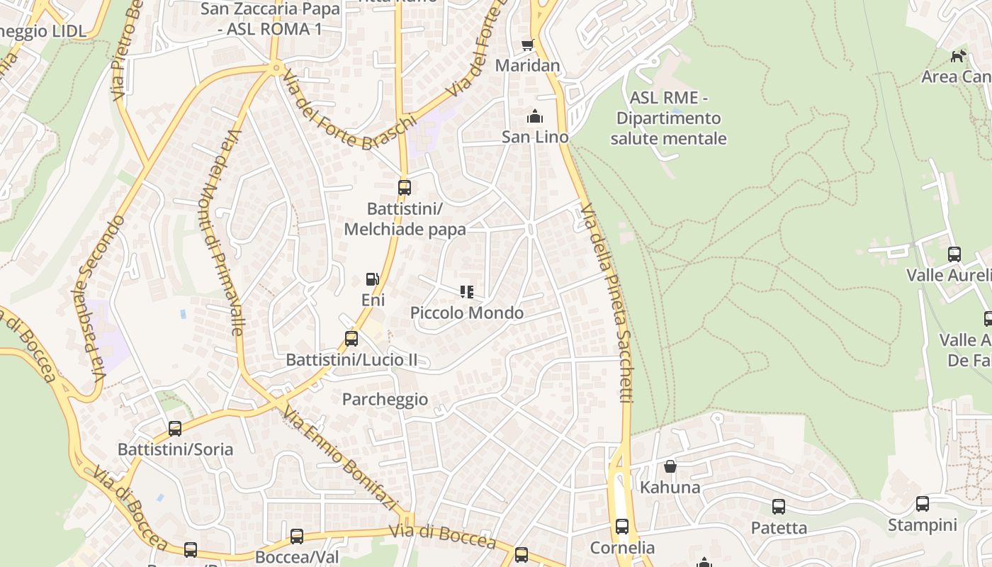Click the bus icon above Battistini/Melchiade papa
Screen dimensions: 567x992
click(x=404, y=188)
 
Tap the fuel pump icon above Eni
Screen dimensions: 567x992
click(x=373, y=279)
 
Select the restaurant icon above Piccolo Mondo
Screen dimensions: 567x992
click(x=466, y=292)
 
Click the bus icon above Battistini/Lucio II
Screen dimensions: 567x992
click(x=351, y=339)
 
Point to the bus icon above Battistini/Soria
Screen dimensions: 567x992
click(x=175, y=429)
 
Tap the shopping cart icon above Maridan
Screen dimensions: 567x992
click(x=527, y=45)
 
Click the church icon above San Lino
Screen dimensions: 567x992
click(x=535, y=116)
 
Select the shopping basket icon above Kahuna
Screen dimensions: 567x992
click(x=670, y=466)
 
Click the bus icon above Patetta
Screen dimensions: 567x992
click(x=779, y=507)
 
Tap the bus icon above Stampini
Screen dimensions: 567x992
click(x=923, y=504)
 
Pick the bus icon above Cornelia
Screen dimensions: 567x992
click(x=622, y=527)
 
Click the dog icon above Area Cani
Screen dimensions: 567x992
click(x=958, y=56)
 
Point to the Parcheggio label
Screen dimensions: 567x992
click(x=385, y=399)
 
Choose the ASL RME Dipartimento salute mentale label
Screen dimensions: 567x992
click(x=668, y=118)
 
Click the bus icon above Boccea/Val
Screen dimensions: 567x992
click(x=297, y=537)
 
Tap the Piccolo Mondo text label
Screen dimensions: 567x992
click(x=467, y=313)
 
